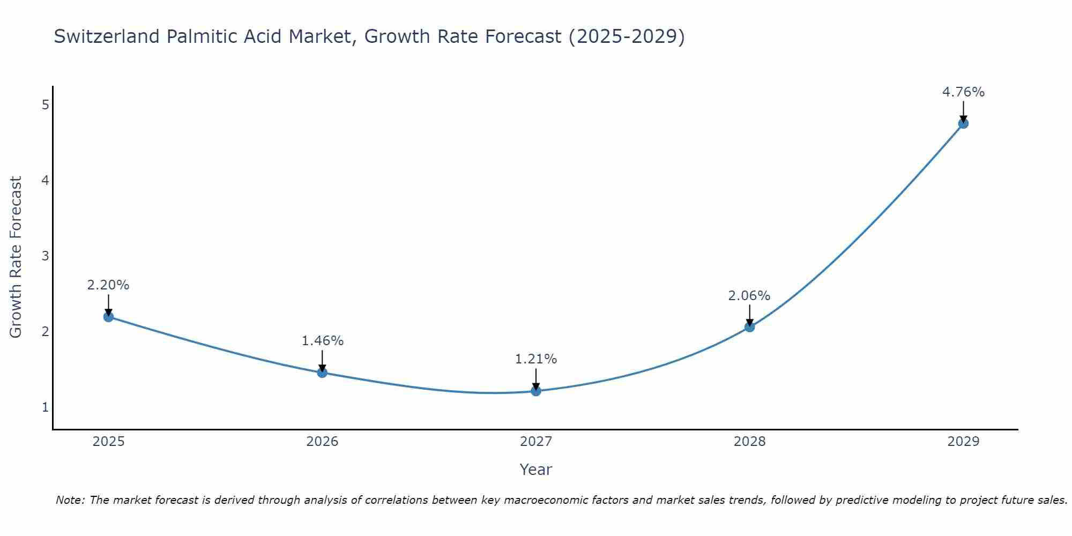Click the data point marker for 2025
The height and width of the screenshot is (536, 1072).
[108, 317]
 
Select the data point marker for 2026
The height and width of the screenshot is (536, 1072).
[322, 373]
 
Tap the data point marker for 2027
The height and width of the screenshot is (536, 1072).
[536, 391]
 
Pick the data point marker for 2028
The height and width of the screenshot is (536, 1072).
[749, 327]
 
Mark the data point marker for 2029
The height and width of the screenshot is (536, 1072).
[963, 123]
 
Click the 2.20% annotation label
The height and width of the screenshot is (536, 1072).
[108, 285]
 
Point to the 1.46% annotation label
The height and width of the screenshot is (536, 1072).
[322, 341]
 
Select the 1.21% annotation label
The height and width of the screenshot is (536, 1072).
[536, 359]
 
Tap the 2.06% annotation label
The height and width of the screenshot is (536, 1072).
[749, 295]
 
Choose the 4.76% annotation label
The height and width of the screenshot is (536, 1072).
[963, 92]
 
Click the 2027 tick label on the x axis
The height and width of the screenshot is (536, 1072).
[536, 442]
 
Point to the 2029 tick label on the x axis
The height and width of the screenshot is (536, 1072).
[963, 442]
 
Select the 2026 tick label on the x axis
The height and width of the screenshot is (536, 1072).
[322, 442]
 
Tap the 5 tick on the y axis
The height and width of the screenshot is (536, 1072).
[45, 105]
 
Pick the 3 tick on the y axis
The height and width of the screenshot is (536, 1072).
[45, 256]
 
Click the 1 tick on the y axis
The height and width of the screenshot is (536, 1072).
[45, 407]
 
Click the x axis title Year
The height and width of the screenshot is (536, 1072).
[536, 470]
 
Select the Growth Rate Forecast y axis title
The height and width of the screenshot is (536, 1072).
[16, 257]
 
